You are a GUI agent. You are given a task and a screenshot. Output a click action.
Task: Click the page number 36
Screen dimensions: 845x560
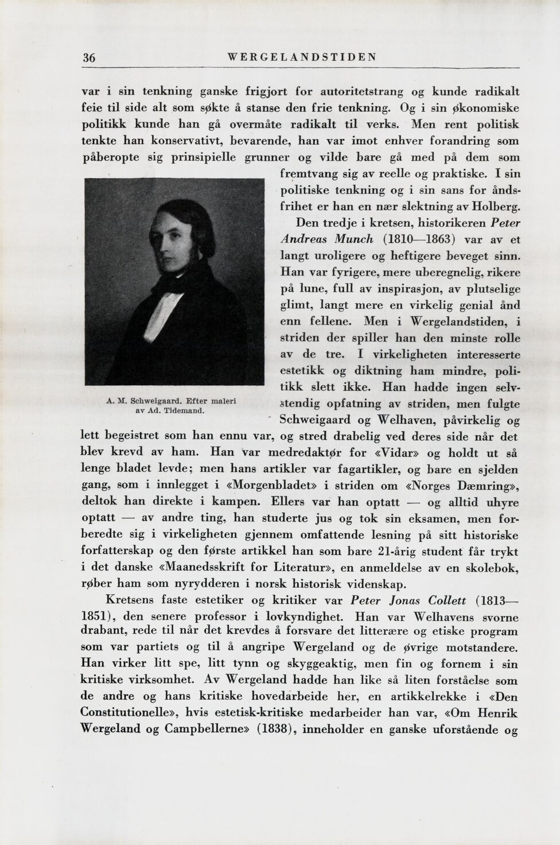coord(88,57)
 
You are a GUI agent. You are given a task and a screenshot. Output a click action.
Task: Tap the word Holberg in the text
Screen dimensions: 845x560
coord(496,206)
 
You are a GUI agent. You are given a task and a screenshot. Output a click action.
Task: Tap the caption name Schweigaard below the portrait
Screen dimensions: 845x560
coord(155,401)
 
